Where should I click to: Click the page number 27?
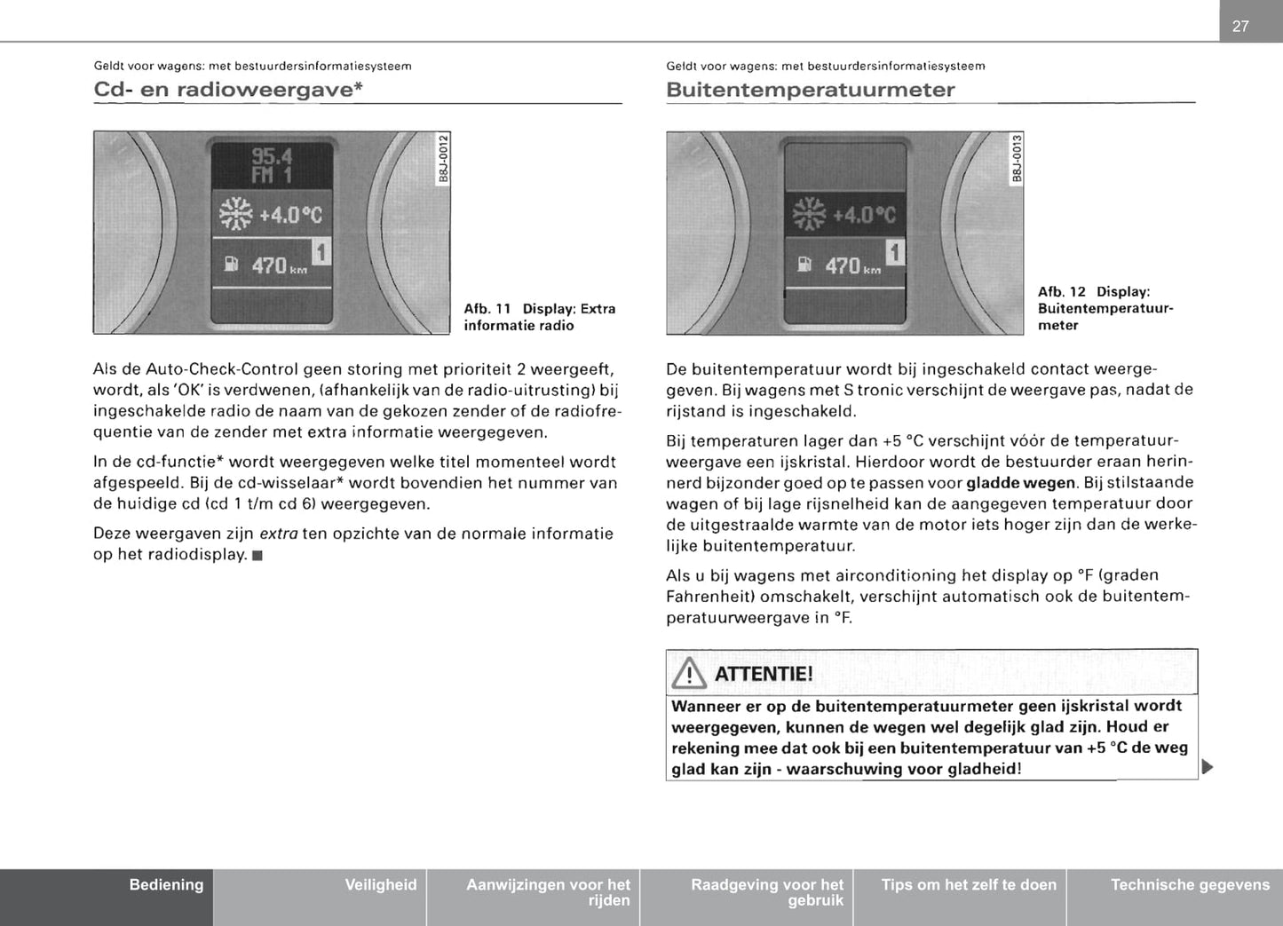point(1240,27)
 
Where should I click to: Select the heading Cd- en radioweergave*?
point(228,90)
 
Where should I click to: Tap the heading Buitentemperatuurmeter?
point(810,90)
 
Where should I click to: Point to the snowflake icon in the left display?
point(236,214)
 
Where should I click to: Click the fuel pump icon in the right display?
point(804,265)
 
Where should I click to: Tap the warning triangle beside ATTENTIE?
point(689,675)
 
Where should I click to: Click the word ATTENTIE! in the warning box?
point(764,674)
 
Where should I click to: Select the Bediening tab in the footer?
point(166,885)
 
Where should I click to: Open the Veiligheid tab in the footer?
point(380,885)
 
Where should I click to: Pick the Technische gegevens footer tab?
point(1190,885)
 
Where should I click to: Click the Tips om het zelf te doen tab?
point(969,885)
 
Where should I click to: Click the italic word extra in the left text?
point(279,534)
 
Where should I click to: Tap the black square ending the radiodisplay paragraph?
point(257,556)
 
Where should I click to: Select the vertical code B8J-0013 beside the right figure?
point(1018,158)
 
